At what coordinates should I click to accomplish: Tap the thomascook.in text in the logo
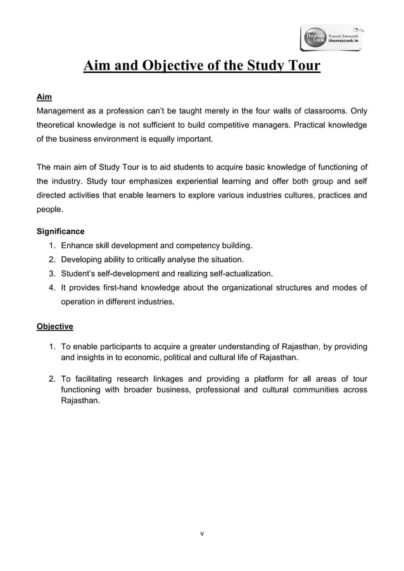click(x=343, y=41)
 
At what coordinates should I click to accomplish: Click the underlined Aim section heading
click(x=44, y=97)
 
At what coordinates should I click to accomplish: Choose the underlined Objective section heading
click(x=54, y=327)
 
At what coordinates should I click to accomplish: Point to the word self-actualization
click(x=234, y=273)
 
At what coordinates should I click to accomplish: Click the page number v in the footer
click(x=201, y=534)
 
